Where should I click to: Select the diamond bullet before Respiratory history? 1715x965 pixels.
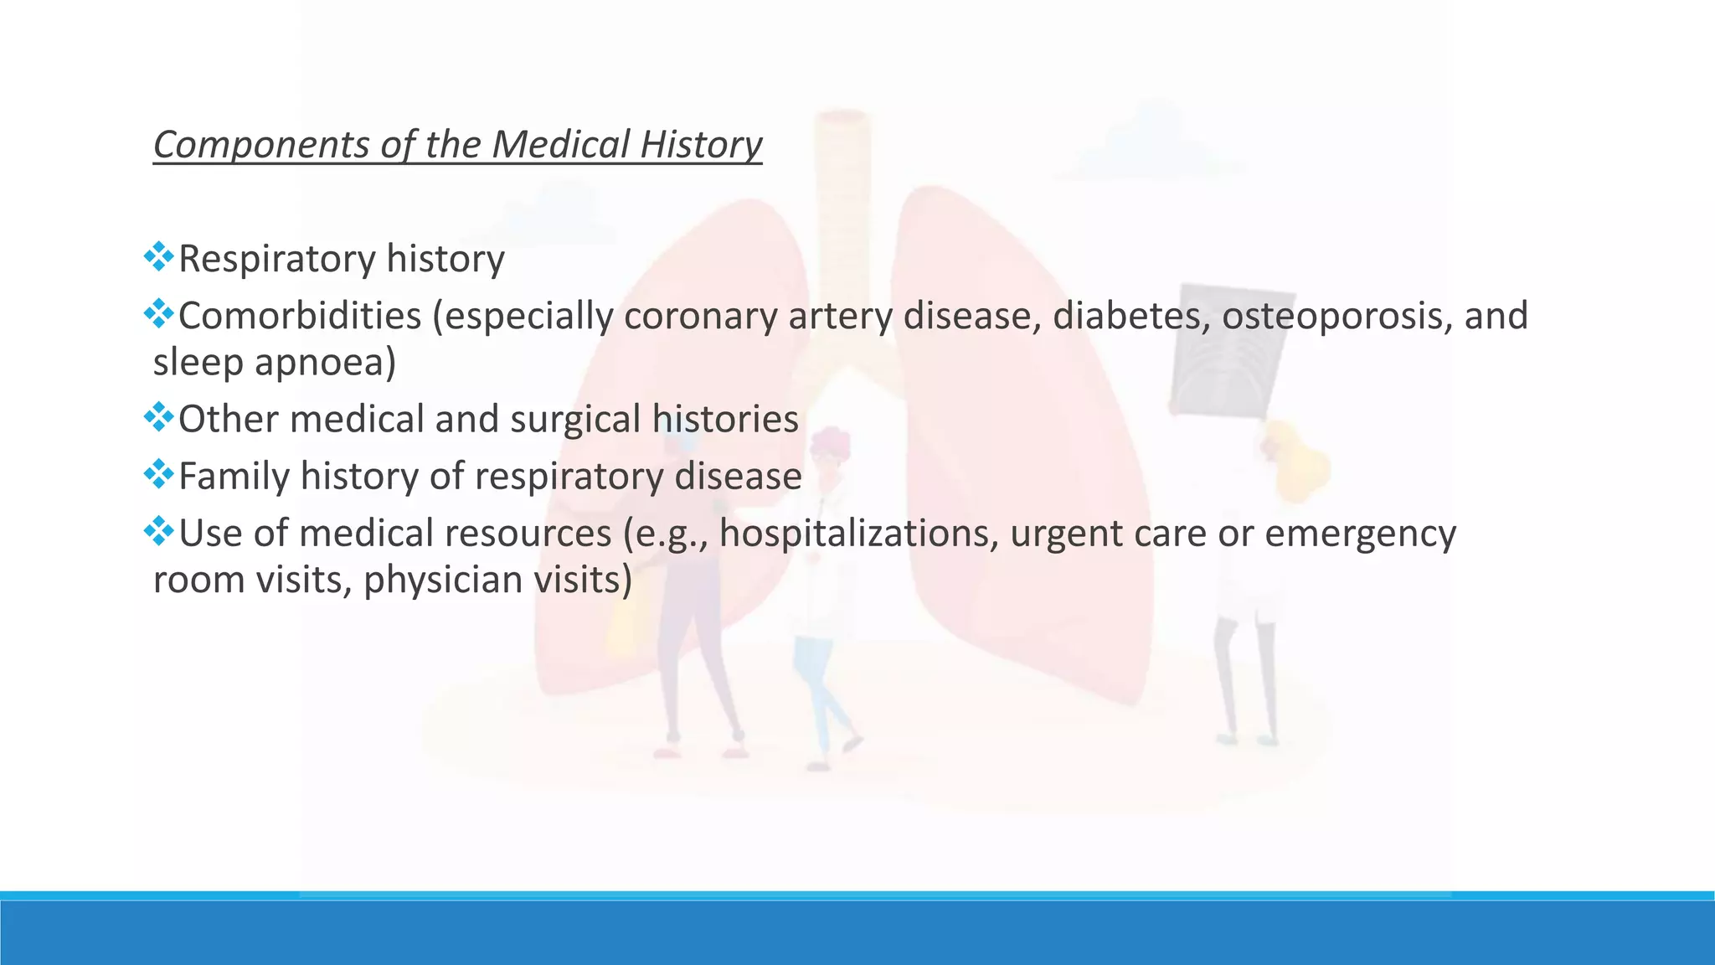tap(158, 257)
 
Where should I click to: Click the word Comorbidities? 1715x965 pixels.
tap(300, 316)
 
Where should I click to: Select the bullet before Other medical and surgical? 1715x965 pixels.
tap(158, 417)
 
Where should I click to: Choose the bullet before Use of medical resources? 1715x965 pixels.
tap(158, 531)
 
